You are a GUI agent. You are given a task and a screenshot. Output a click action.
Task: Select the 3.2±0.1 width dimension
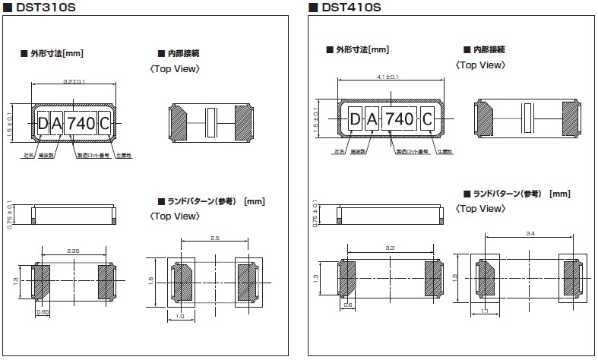[72, 81]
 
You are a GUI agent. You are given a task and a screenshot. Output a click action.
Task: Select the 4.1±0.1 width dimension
[388, 77]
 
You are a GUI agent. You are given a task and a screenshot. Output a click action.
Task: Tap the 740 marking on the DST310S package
[81, 122]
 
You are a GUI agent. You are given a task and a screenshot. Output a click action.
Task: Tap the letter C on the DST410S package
[427, 119]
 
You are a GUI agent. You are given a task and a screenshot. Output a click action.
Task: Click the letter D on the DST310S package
[43, 122]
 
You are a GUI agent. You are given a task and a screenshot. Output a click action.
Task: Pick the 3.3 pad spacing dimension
[390, 248]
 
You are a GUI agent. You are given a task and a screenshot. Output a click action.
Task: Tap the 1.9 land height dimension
[457, 278]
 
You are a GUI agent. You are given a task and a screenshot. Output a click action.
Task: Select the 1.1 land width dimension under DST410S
[485, 311]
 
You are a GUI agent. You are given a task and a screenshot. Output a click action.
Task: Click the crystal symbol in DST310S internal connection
[212, 122]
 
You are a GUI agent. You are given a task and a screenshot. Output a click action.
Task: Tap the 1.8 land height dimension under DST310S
[151, 280]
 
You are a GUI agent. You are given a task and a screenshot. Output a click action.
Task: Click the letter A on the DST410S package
[372, 119]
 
